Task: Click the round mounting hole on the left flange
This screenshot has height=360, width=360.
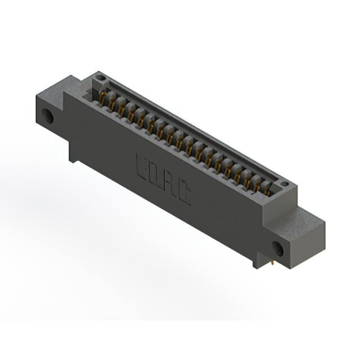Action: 49,118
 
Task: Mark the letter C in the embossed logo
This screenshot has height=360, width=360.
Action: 184,193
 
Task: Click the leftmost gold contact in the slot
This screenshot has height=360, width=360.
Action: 103,100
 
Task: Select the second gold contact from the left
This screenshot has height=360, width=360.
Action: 112,105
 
